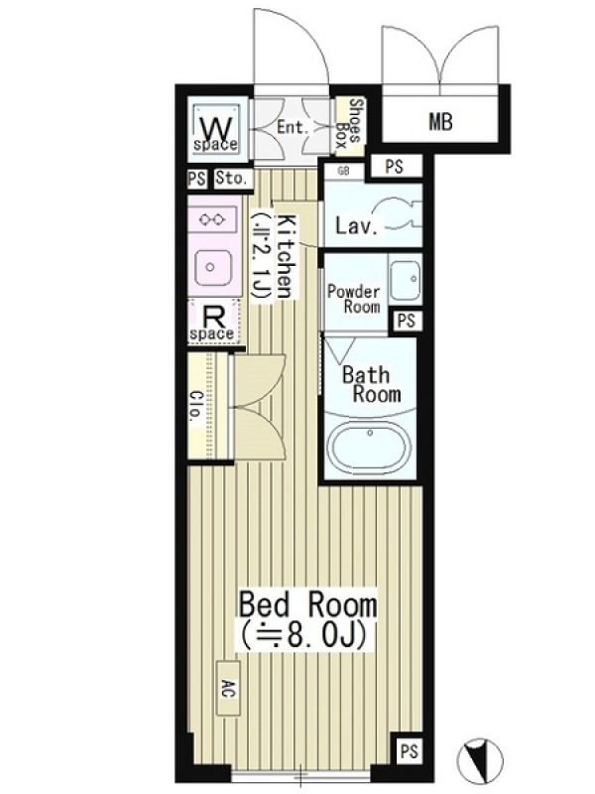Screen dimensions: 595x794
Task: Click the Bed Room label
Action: (307, 604)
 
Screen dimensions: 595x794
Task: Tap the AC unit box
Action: (228, 689)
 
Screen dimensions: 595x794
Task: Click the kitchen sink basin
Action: (212, 267)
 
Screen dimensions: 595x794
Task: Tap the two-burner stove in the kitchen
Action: (212, 219)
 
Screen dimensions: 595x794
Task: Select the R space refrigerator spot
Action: (213, 322)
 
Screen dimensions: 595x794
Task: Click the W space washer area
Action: (216, 129)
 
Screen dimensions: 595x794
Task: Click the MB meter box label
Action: (440, 121)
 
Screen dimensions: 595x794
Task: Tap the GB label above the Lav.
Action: (343, 171)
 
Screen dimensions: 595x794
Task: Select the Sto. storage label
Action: (232, 179)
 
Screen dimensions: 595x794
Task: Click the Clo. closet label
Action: (195, 406)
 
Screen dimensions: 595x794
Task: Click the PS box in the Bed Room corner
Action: (409, 751)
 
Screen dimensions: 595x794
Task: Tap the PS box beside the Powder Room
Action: (406, 321)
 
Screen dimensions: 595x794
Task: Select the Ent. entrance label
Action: (293, 127)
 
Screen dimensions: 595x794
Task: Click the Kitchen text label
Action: (287, 257)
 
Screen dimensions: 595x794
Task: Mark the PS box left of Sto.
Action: (197, 179)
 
